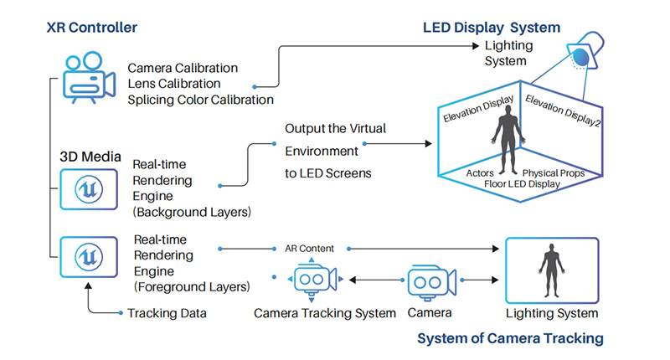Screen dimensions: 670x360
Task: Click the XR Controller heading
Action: tap(92, 28)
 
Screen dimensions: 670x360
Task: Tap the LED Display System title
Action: tap(492, 28)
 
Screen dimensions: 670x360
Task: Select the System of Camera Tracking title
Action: tap(510, 338)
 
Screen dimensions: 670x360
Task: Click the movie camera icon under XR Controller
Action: tap(89, 78)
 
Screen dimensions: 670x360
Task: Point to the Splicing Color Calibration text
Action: tap(200, 100)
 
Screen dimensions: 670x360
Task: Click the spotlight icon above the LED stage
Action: tap(585, 51)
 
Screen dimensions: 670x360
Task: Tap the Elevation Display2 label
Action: tap(563, 111)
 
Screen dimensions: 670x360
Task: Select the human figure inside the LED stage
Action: tap(508, 139)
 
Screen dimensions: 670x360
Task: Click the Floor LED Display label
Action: tap(522, 184)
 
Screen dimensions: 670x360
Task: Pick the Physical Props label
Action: tap(554, 173)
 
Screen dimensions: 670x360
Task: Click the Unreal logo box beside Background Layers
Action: tap(89, 189)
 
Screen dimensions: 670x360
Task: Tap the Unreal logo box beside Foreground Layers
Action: tap(89, 257)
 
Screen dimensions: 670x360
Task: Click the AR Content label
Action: tap(309, 249)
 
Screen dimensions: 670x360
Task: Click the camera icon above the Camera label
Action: tap(432, 282)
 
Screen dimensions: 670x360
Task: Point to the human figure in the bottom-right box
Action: tap(552, 270)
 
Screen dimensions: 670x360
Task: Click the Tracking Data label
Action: tap(167, 313)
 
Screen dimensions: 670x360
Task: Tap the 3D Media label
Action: tap(90, 157)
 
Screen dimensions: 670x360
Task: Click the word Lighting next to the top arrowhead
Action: tap(508, 46)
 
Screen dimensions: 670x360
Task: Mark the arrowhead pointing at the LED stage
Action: tap(428, 143)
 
